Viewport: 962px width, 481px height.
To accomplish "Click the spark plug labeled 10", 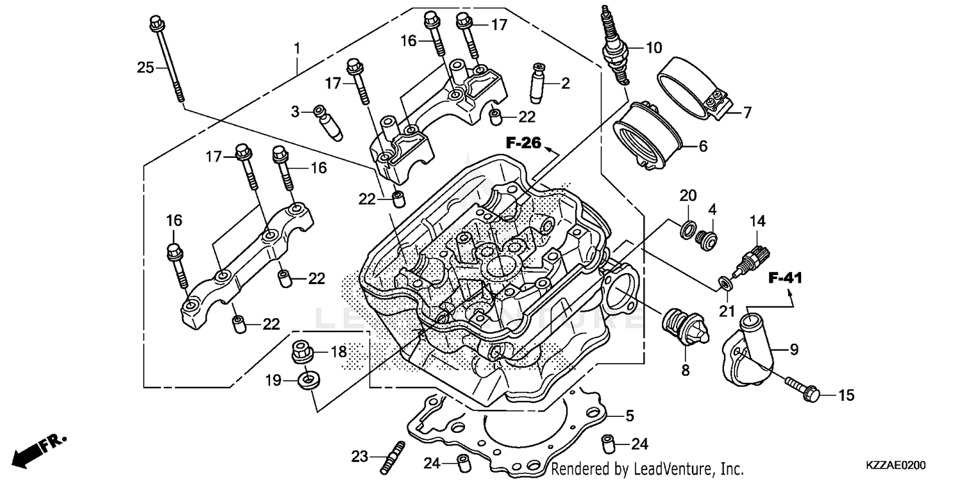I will click(612, 45).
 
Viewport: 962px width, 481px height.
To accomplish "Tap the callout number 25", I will click(146, 66).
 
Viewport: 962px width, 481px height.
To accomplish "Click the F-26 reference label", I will click(523, 143).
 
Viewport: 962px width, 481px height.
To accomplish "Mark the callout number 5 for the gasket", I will click(629, 416).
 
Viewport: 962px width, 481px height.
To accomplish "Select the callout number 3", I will click(295, 112).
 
